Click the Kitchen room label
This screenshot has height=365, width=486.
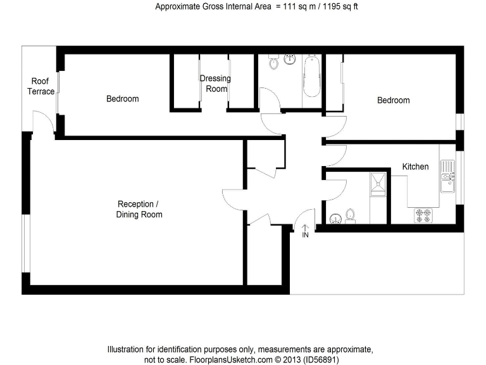tap(415, 167)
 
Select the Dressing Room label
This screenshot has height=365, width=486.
tap(215, 84)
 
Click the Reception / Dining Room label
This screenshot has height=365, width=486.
tap(139, 209)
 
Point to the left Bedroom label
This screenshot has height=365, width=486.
tap(122, 99)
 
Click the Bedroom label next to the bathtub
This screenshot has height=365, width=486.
tap(393, 100)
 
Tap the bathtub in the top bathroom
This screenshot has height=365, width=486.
tap(311, 76)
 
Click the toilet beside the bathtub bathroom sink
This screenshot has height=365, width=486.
tap(274, 63)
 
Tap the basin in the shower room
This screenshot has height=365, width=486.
tap(335, 219)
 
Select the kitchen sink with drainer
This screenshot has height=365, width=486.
tap(447, 176)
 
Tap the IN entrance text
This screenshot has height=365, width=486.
tap(304, 236)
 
